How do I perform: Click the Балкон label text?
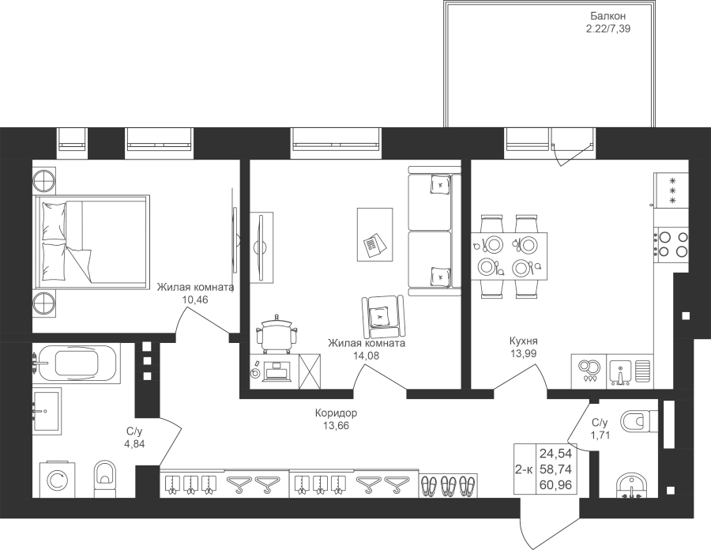608,17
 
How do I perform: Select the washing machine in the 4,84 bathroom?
58,480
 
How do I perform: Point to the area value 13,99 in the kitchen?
523,354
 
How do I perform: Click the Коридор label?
336,413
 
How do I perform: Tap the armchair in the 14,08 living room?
383,315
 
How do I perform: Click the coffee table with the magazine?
374,235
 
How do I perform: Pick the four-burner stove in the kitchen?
671,244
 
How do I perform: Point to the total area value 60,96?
555,486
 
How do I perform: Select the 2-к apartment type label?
525,469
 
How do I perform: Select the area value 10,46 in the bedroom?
195,299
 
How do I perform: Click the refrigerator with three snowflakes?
671,190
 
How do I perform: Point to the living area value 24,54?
555,453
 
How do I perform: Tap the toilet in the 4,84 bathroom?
105,479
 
